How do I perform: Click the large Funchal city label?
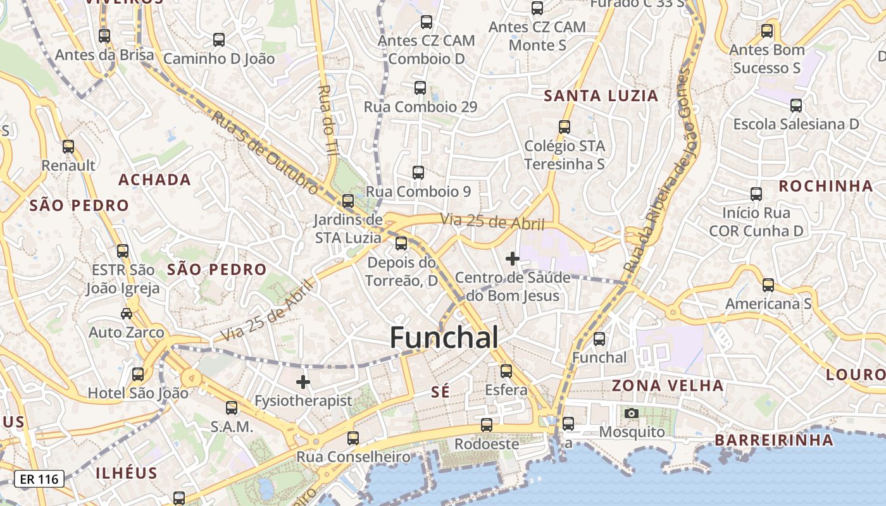click(x=444, y=338)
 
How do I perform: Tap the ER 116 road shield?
click(x=39, y=479)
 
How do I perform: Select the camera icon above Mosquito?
click(x=631, y=414)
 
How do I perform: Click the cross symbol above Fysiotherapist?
click(x=303, y=382)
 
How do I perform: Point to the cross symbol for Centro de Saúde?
click(x=513, y=259)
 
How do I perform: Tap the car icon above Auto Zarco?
click(x=126, y=314)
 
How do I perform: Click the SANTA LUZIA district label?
click(x=601, y=96)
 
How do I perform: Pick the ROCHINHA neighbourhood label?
click(x=825, y=186)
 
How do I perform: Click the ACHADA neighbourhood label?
click(x=154, y=180)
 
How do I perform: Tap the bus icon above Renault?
click(x=68, y=147)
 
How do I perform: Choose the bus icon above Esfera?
click(x=506, y=371)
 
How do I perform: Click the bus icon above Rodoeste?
click(x=487, y=425)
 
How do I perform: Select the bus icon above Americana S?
click(x=768, y=285)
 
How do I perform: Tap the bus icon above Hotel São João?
click(x=138, y=374)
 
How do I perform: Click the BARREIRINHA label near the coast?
click(x=773, y=440)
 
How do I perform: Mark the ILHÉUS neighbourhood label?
click(x=127, y=473)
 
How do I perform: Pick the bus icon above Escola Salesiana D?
click(x=796, y=106)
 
